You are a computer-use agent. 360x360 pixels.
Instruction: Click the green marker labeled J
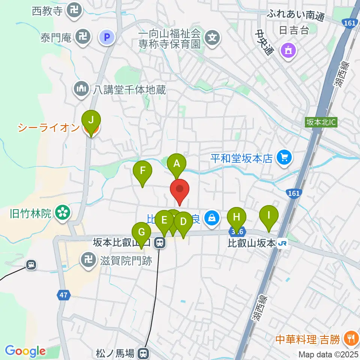click(x=91, y=121)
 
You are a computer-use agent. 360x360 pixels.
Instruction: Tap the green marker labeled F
click(x=142, y=171)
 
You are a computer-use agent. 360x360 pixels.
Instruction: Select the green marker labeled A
click(x=177, y=164)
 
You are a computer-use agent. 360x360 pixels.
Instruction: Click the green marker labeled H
click(x=236, y=217)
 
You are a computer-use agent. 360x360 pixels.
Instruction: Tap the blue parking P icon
click(x=106, y=37)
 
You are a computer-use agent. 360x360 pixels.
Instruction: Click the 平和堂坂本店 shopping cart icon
click(x=284, y=157)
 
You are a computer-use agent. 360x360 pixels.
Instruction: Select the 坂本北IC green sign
click(x=321, y=122)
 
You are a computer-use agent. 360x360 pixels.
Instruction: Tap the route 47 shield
click(x=63, y=295)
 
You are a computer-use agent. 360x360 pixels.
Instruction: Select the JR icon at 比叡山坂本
click(x=283, y=244)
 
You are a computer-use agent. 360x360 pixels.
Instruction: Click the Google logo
click(x=25, y=351)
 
